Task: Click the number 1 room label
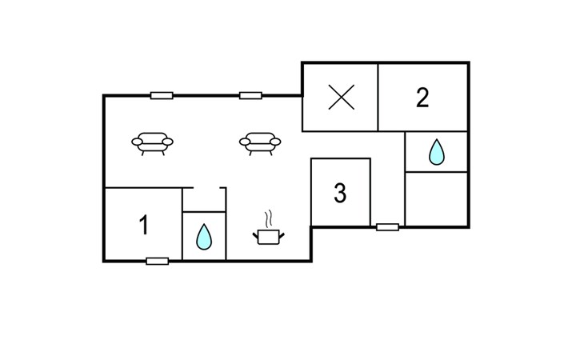(144, 225)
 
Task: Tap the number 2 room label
(422, 98)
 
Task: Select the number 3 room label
(340, 193)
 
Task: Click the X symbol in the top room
(341, 97)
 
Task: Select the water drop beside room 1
(204, 237)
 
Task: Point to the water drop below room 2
(437, 152)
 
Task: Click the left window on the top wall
(162, 96)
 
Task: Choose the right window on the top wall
(250, 96)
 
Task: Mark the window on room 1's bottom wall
(157, 261)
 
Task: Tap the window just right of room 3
(387, 227)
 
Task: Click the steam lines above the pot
(269, 219)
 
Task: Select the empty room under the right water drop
(436, 198)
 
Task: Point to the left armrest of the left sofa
(137, 142)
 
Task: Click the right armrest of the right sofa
(276, 142)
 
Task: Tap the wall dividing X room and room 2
(378, 97)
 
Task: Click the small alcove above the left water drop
(204, 200)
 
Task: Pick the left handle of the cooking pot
(255, 235)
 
